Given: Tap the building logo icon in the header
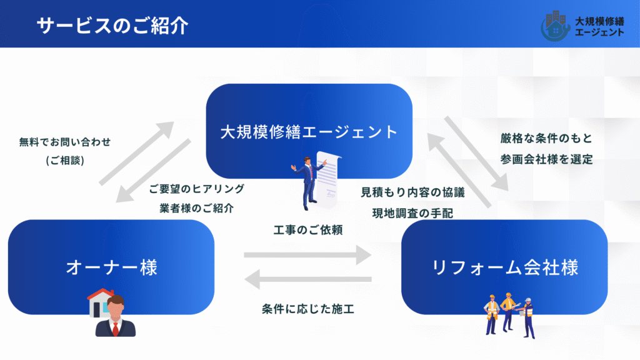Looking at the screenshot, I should pos(554,24).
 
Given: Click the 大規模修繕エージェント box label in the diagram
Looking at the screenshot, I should pos(309,132).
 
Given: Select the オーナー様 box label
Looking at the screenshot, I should pos(112,267).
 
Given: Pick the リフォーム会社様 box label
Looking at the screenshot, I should pos(505,267).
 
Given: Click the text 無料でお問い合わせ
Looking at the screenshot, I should pos(65,142).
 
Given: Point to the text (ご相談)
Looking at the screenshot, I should pos(65,161).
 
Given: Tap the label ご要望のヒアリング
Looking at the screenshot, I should pos(197,189).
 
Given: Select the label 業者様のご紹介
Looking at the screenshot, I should pos(197,208).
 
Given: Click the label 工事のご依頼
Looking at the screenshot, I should pos(304,229).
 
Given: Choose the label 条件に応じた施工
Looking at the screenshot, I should pos(308,308).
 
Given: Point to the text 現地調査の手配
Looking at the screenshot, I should pos(413,212).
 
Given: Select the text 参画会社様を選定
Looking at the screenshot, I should pos(546,159).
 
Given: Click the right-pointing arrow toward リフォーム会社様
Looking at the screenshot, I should pos(307,255).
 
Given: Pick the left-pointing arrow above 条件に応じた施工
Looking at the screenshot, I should pos(307,278).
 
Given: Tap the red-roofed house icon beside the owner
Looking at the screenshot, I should pos(99,301).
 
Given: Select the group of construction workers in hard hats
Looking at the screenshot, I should pos(509,312).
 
